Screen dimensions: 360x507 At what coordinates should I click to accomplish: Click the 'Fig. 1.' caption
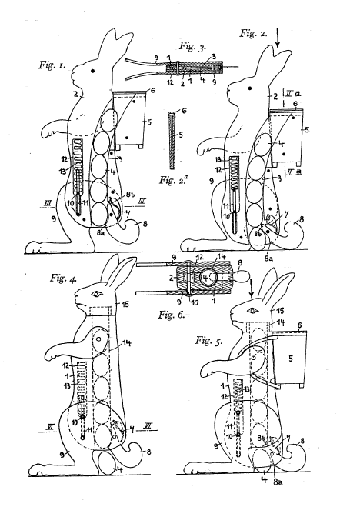click(x=52, y=65)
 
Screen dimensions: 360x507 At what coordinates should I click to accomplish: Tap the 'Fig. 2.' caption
click(x=253, y=33)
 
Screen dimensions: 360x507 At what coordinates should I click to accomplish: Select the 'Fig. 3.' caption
click(x=192, y=47)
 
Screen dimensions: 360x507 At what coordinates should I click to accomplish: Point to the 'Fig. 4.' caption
click(x=63, y=278)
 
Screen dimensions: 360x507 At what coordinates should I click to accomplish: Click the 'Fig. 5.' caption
click(x=208, y=341)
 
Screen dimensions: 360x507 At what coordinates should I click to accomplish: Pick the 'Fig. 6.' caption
click(x=172, y=315)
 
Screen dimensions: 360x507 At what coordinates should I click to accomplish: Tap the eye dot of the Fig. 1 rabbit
click(x=93, y=71)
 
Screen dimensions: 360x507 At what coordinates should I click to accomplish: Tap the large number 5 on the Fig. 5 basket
click(x=290, y=359)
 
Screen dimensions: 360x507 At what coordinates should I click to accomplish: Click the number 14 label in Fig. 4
click(x=127, y=343)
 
